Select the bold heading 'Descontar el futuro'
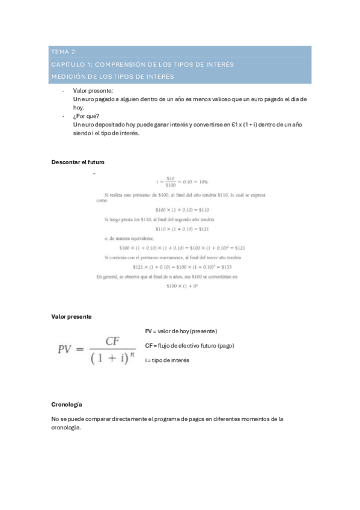pyautogui.click(x=79, y=162)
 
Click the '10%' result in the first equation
pyautogui.click(x=202, y=181)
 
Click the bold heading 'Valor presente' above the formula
pyautogui.click(x=72, y=317)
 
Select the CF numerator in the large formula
pyautogui.click(x=113, y=341)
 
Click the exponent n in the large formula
pyautogui.click(x=133, y=355)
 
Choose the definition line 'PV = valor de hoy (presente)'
pyautogui.click(x=181, y=331)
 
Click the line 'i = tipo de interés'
pyautogui.click(x=167, y=360)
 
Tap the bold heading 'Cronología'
pyautogui.click(x=67, y=404)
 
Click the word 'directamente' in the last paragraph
pyautogui.click(x=127, y=419)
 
